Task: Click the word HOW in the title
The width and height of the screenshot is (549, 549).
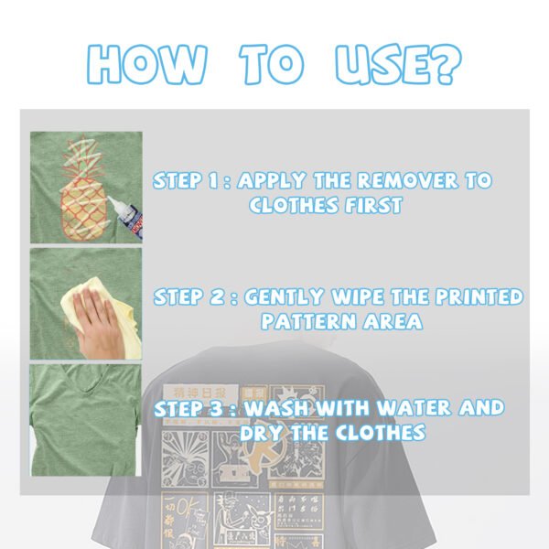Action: point(147,63)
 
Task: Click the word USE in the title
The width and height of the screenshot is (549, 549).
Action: point(376,63)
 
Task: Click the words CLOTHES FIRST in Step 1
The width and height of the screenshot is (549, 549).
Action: point(326,205)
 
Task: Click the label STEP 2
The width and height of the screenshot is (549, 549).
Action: point(188,296)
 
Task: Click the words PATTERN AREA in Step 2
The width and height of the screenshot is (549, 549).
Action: point(341,321)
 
